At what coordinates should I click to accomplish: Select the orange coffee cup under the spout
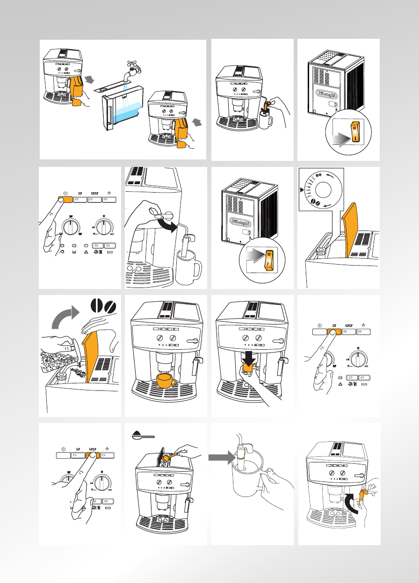(166, 381)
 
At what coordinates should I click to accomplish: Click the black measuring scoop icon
(143, 436)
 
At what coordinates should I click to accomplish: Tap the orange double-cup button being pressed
(92, 454)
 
